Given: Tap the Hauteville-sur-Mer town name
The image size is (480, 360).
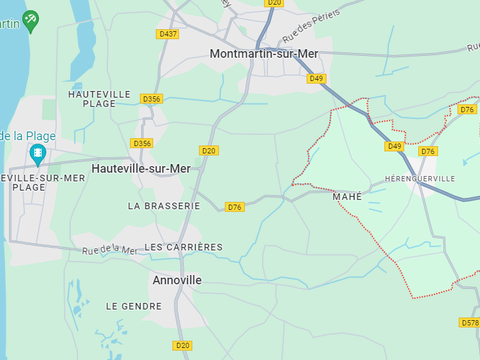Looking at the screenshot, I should (x=140, y=169).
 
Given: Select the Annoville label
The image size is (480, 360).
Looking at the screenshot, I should (x=176, y=280).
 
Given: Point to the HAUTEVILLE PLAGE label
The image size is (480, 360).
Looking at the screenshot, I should (x=100, y=99).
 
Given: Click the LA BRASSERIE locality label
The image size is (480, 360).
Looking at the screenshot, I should (x=164, y=205).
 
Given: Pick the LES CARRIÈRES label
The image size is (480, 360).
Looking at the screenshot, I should (x=184, y=246).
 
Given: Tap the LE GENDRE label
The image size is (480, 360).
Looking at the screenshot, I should (x=134, y=306).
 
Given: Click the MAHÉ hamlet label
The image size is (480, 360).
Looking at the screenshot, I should (x=347, y=197).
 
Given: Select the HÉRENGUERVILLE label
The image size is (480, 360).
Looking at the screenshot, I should (x=420, y=178).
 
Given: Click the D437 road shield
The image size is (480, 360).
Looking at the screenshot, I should (x=168, y=34).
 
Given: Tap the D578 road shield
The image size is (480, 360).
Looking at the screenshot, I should (x=469, y=323).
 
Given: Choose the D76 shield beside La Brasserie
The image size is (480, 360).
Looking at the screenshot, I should (x=234, y=207).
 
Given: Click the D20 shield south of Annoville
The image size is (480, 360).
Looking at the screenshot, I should (x=182, y=346).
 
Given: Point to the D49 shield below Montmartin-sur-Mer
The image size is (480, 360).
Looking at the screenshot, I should (x=316, y=78).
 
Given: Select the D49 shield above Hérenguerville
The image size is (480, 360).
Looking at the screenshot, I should (x=394, y=146).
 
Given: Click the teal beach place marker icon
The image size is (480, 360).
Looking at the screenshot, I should (x=39, y=154).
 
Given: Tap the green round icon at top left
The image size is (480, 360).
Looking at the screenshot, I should (x=31, y=18).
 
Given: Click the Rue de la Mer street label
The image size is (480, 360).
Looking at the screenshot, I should (x=110, y=250).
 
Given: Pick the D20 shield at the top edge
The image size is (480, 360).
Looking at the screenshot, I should (x=274, y=3).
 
